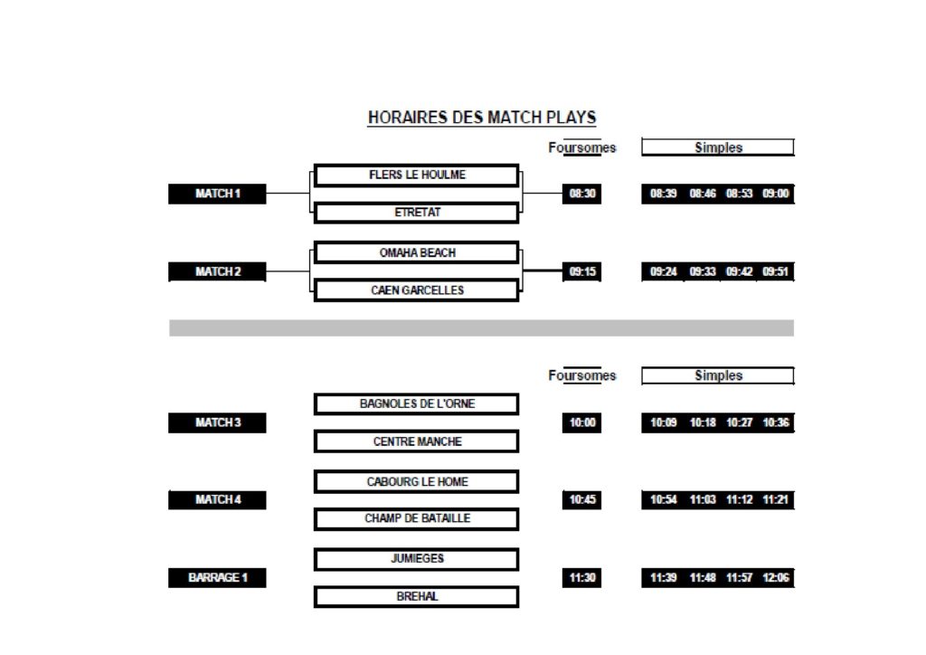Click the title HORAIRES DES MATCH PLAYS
[x=482, y=118]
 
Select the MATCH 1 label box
[x=217, y=194]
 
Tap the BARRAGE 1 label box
[x=217, y=577]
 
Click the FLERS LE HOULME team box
[x=416, y=176]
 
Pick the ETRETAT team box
[x=416, y=213]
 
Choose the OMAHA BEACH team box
[x=416, y=252]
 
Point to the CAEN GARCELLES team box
[x=416, y=290]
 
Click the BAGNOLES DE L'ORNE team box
[x=416, y=404]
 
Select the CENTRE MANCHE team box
[x=416, y=441]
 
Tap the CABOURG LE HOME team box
[x=416, y=482]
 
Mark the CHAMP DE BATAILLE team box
[x=416, y=519]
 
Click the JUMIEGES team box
[x=416, y=559]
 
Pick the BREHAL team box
[x=416, y=597]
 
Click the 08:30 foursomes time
[x=581, y=194]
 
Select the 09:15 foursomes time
[x=581, y=271]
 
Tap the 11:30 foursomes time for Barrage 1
[x=581, y=577]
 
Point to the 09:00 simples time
[x=775, y=194]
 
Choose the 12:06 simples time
[x=775, y=577]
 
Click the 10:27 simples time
[x=740, y=422]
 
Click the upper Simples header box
[x=717, y=147]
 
